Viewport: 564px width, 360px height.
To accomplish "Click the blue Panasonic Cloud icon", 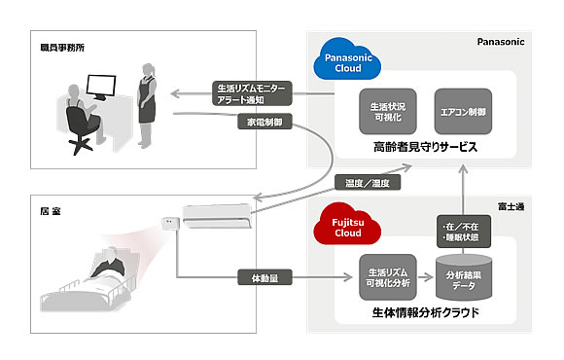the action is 347,59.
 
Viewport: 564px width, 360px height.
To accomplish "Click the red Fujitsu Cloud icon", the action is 347,225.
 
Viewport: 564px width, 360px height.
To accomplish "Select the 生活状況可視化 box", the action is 388,112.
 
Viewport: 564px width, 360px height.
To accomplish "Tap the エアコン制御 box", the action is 463,112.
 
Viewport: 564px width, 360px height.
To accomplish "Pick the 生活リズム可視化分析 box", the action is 388,277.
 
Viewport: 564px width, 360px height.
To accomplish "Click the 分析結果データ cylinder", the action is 464,277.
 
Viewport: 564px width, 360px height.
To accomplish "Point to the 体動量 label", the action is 264,277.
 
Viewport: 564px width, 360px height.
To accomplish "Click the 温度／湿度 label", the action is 368,183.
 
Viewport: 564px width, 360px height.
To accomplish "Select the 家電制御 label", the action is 264,122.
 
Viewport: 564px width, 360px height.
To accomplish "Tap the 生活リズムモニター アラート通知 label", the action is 252,93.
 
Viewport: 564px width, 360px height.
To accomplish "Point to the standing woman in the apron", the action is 147,106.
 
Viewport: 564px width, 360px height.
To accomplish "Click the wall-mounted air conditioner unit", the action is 217,216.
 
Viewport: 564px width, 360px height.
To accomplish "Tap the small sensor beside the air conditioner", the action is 170,224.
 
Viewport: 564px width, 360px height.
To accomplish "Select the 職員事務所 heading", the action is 62,48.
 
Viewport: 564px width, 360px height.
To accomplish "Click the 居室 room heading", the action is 51,211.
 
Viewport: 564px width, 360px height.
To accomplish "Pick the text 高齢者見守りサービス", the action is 425,147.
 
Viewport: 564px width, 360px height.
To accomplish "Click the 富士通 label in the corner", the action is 511,206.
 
